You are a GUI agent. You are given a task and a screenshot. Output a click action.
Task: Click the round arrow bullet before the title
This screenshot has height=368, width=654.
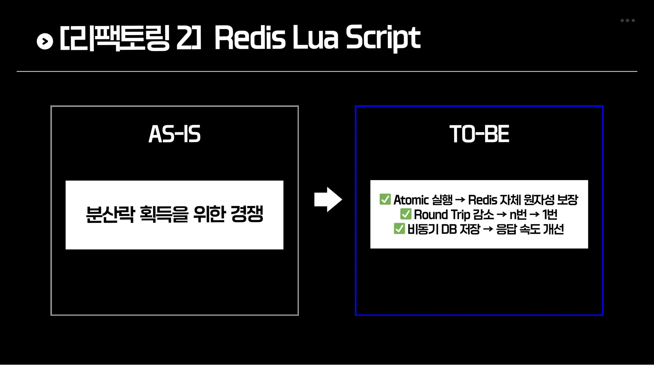[45, 41]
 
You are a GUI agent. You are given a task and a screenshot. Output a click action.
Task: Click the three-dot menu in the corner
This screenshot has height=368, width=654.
[627, 20]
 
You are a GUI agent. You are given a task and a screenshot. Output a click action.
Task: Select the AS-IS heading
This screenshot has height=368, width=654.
[175, 134]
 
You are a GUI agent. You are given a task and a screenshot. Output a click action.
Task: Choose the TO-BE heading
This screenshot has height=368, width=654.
[479, 134]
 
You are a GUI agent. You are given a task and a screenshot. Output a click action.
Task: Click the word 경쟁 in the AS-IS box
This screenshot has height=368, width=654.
[247, 214]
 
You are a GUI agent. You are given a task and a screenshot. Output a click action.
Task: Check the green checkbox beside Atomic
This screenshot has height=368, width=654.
[385, 199]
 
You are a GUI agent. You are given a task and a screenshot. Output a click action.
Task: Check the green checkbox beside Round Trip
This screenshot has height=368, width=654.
[406, 214]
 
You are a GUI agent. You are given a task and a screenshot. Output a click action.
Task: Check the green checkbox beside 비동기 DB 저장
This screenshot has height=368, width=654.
[399, 229]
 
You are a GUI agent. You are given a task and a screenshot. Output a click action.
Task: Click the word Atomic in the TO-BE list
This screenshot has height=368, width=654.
[411, 200]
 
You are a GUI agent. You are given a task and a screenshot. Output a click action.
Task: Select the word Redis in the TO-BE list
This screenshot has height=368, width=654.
[483, 200]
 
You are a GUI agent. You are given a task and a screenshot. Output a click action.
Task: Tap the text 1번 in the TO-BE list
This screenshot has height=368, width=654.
[550, 215]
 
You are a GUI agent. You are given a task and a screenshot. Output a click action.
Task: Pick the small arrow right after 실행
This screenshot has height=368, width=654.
[460, 200]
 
